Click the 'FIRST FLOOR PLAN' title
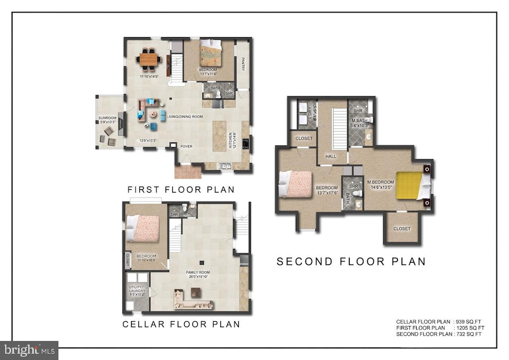(180, 190)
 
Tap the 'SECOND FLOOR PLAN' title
(351, 262)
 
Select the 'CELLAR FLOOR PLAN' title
(181, 324)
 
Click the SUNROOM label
(107, 118)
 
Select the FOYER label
(187, 146)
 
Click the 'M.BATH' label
(359, 120)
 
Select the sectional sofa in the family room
(188, 298)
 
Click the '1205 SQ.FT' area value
(469, 327)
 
